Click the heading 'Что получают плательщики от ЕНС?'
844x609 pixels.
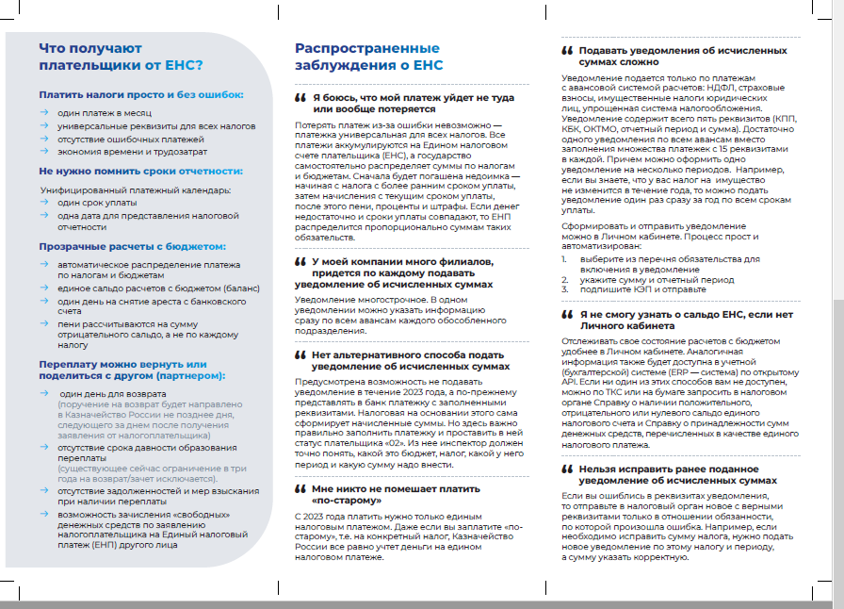(x=121, y=58)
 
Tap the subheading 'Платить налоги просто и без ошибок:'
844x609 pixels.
(x=141, y=95)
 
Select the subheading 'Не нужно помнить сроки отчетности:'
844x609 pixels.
(x=140, y=172)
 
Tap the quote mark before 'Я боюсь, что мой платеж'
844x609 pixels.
(x=300, y=98)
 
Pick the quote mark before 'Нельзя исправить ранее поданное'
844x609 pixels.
(x=567, y=468)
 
